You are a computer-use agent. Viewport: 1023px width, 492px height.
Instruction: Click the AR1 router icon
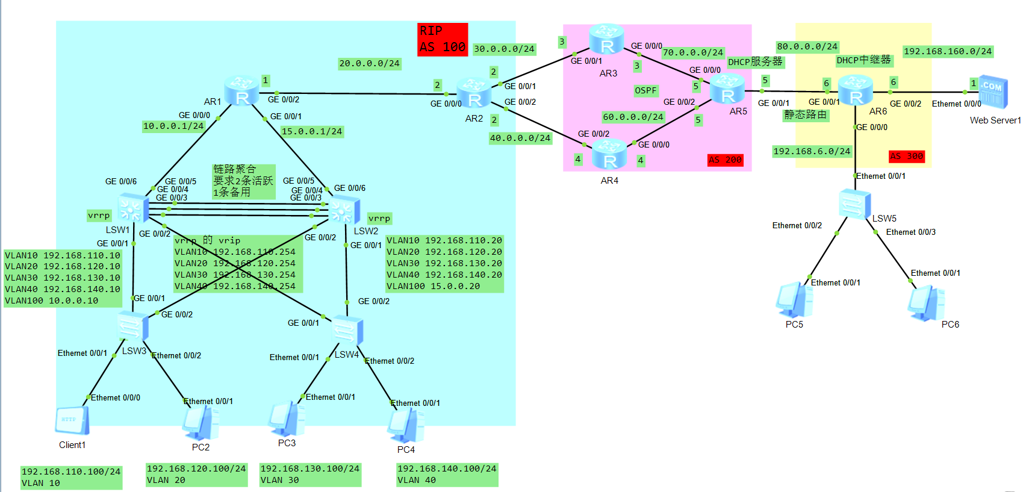tap(241, 91)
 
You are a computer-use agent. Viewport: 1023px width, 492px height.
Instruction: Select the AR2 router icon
tap(474, 93)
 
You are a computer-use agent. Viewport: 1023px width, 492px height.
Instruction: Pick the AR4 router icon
tap(609, 154)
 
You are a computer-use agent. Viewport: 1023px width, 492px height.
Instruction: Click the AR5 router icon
tap(727, 89)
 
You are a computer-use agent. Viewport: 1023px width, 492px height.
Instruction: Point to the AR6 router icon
tap(856, 90)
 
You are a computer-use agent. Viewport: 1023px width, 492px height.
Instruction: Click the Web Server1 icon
tap(992, 92)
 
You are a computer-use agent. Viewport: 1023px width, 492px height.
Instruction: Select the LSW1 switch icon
tap(132, 208)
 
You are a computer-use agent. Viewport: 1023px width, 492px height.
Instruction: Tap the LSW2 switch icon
tap(344, 210)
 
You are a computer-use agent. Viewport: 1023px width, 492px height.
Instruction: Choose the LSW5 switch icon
tap(854, 204)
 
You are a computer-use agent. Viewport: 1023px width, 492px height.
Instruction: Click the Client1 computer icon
tap(72, 420)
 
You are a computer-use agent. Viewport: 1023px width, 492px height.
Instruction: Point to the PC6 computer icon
tap(926, 303)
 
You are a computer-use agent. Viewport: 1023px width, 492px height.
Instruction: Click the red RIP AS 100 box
tap(443, 39)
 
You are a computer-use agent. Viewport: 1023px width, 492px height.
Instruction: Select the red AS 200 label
tap(725, 160)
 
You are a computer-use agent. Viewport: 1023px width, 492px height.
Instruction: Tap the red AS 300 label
tap(906, 156)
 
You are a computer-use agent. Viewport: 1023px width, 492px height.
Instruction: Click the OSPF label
tap(645, 90)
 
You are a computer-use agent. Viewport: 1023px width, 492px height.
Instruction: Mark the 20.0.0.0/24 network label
tap(369, 63)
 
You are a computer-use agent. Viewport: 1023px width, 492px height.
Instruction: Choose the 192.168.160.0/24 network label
tap(947, 51)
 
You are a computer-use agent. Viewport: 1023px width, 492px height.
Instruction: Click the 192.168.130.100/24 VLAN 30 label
tap(309, 474)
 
